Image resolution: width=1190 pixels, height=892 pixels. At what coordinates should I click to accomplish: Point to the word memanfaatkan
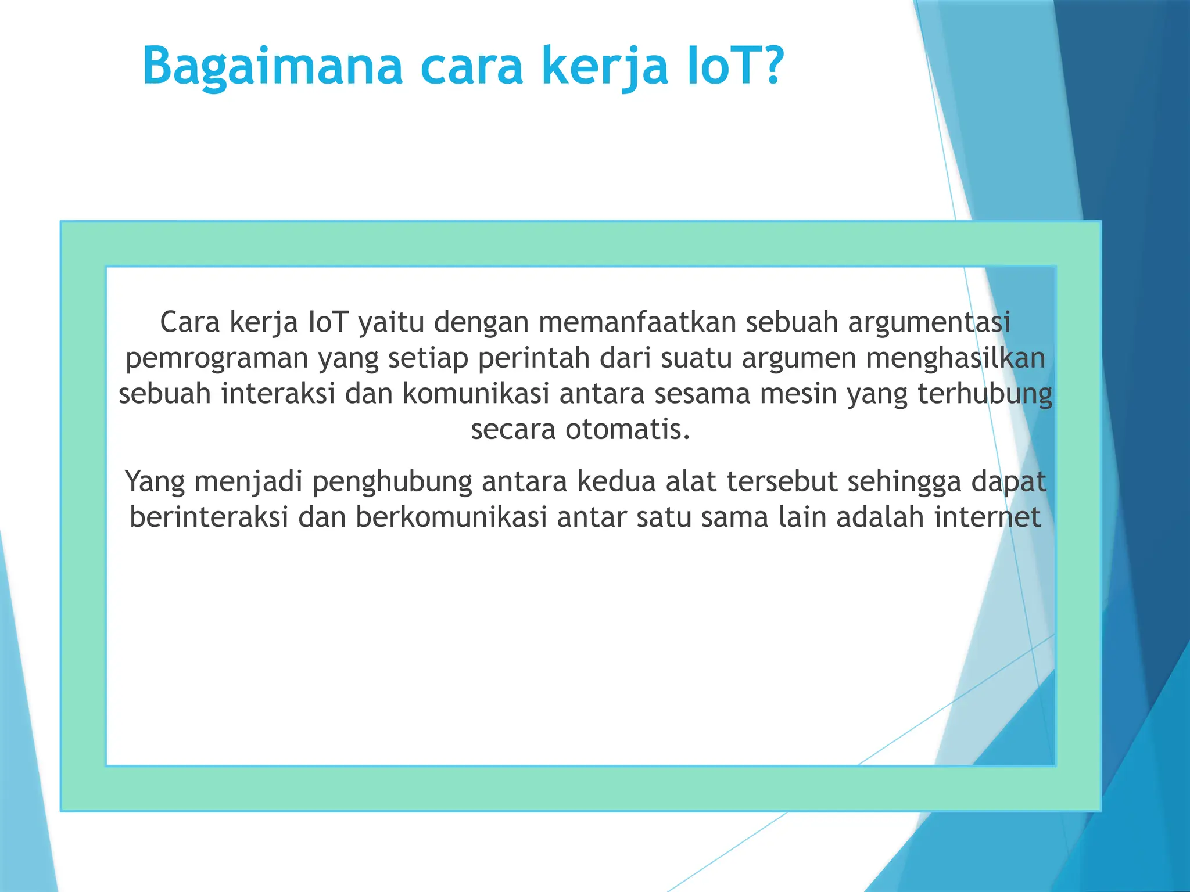(637, 322)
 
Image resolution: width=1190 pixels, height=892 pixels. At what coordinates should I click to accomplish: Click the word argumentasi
(929, 322)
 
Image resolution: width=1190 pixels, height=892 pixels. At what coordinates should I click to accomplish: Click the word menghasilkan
(955, 358)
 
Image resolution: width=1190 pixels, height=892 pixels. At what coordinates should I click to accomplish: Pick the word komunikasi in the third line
(476, 394)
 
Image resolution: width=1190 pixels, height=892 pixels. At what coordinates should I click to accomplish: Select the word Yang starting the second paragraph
(155, 482)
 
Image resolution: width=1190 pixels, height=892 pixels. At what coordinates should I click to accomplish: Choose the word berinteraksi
(209, 517)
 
